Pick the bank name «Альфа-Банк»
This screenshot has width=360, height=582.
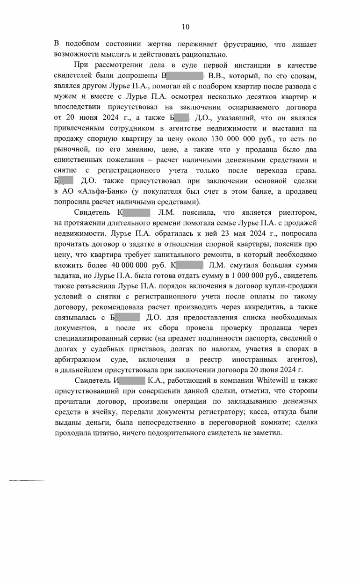tap(101, 192)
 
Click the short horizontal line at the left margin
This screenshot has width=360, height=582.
tap(27, 480)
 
